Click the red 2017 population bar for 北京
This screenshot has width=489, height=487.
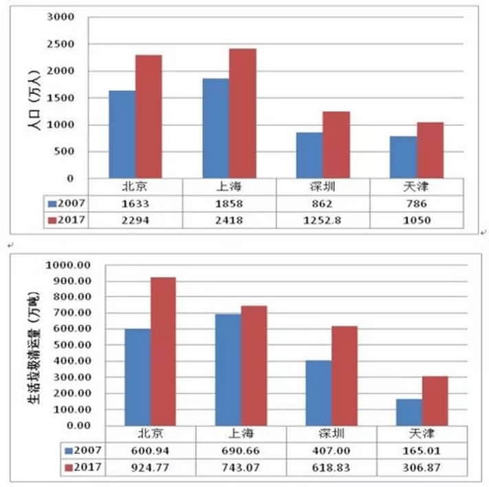coord(149,117)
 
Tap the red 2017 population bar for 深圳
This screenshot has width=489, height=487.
coord(336,145)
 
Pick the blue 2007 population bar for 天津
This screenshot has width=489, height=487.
coord(403,157)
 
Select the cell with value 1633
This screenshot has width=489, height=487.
coord(135,203)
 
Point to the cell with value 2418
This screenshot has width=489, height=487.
coord(229,220)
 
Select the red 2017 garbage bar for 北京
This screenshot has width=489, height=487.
coord(163,351)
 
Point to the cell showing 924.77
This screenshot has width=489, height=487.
coord(151,467)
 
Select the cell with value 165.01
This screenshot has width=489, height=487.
coord(422,451)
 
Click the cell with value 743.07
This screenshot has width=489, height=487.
coord(241,467)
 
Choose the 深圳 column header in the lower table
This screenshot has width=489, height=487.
coord(332,434)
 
